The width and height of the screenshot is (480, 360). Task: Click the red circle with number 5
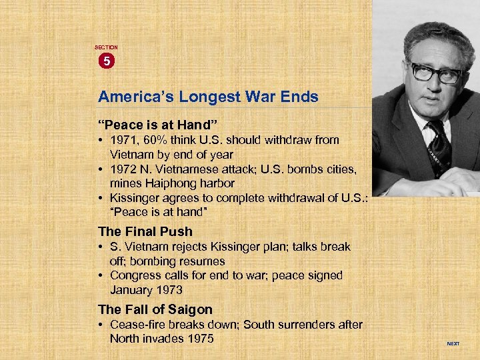coord(107,61)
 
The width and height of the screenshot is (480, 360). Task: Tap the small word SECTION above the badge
coord(106,47)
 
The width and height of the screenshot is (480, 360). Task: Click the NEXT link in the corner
coord(453,344)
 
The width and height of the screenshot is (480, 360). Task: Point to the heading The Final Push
coord(145,232)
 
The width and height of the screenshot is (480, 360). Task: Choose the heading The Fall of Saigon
coord(155,309)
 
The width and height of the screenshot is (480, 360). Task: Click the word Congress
coord(136,275)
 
